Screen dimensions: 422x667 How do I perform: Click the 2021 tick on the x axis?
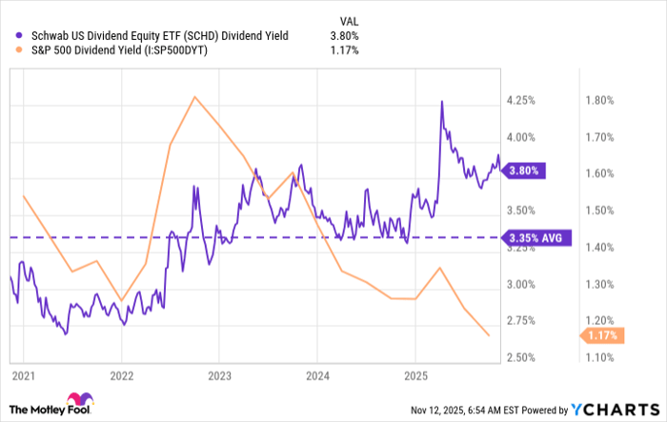pos(23,377)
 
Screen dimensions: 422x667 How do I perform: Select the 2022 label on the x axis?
pos(121,377)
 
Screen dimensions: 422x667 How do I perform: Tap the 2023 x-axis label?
pos(219,377)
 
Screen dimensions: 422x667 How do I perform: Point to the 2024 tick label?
pos(317,377)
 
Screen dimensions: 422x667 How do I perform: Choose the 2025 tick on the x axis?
pos(415,377)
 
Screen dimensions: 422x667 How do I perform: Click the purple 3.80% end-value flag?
pos(524,171)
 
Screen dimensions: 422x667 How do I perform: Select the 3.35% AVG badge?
pos(536,236)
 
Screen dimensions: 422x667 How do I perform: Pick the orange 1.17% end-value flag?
pos(602,335)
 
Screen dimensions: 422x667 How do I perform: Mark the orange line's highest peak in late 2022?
pos(193,96)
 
